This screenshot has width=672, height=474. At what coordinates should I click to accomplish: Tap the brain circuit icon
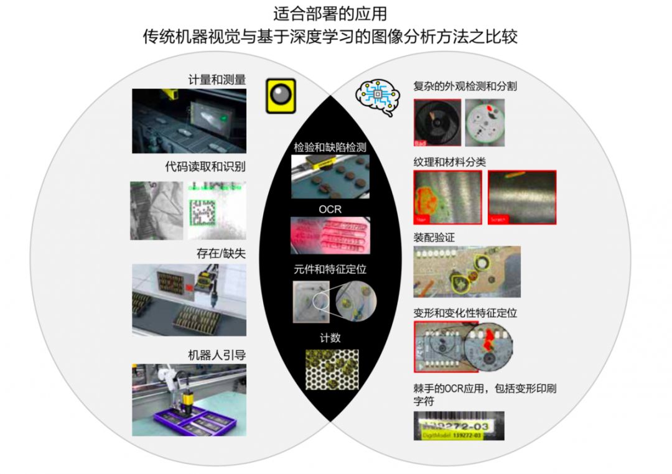pos(377,96)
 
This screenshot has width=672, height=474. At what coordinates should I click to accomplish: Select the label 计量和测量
pos(217,80)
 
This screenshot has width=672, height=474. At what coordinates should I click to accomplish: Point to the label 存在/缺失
pos(220,254)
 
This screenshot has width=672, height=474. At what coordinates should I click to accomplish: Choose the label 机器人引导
pos(217,355)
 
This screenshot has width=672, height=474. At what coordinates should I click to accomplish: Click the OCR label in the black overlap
pos(330,210)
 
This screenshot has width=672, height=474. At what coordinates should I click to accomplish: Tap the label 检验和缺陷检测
pos(330,148)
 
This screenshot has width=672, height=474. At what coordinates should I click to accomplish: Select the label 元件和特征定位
pos(330,271)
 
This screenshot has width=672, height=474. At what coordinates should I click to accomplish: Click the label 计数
pos(330,338)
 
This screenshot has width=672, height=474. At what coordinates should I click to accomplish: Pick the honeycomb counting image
pos(332,369)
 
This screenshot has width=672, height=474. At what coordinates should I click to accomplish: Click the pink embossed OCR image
pos(330,236)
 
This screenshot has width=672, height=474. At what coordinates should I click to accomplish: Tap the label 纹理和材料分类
pos(449,162)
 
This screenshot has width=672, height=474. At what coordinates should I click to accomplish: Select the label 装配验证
pos(435,237)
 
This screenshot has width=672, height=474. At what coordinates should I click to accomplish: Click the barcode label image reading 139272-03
pos(459,425)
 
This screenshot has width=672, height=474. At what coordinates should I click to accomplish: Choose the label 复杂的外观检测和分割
pos(465,86)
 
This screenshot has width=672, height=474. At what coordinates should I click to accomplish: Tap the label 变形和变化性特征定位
pos(465,312)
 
